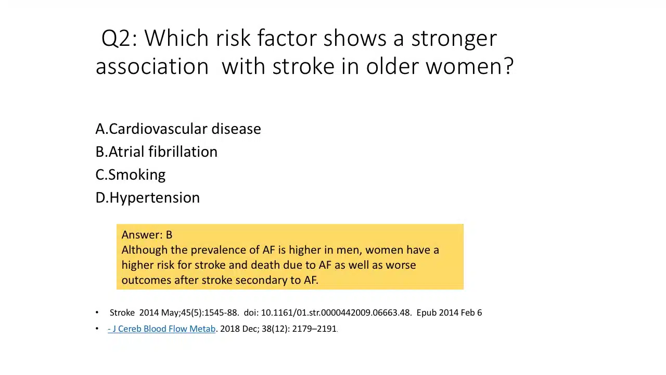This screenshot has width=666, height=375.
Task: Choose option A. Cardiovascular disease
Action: tap(178, 129)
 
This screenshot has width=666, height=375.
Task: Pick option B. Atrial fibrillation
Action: tap(157, 152)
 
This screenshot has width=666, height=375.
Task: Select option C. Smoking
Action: tap(130, 174)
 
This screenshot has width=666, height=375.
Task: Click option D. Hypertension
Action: tap(147, 198)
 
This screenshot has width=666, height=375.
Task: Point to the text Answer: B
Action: tap(147, 235)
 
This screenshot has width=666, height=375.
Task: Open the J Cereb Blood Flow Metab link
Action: tap(161, 329)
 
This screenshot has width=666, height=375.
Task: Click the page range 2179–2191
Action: tap(314, 329)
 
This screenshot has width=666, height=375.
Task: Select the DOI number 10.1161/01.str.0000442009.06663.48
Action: tap(336, 313)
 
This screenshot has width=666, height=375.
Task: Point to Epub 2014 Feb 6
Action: tap(449, 313)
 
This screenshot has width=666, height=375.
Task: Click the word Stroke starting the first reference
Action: tap(122, 313)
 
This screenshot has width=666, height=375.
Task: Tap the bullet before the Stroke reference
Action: tap(97, 312)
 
